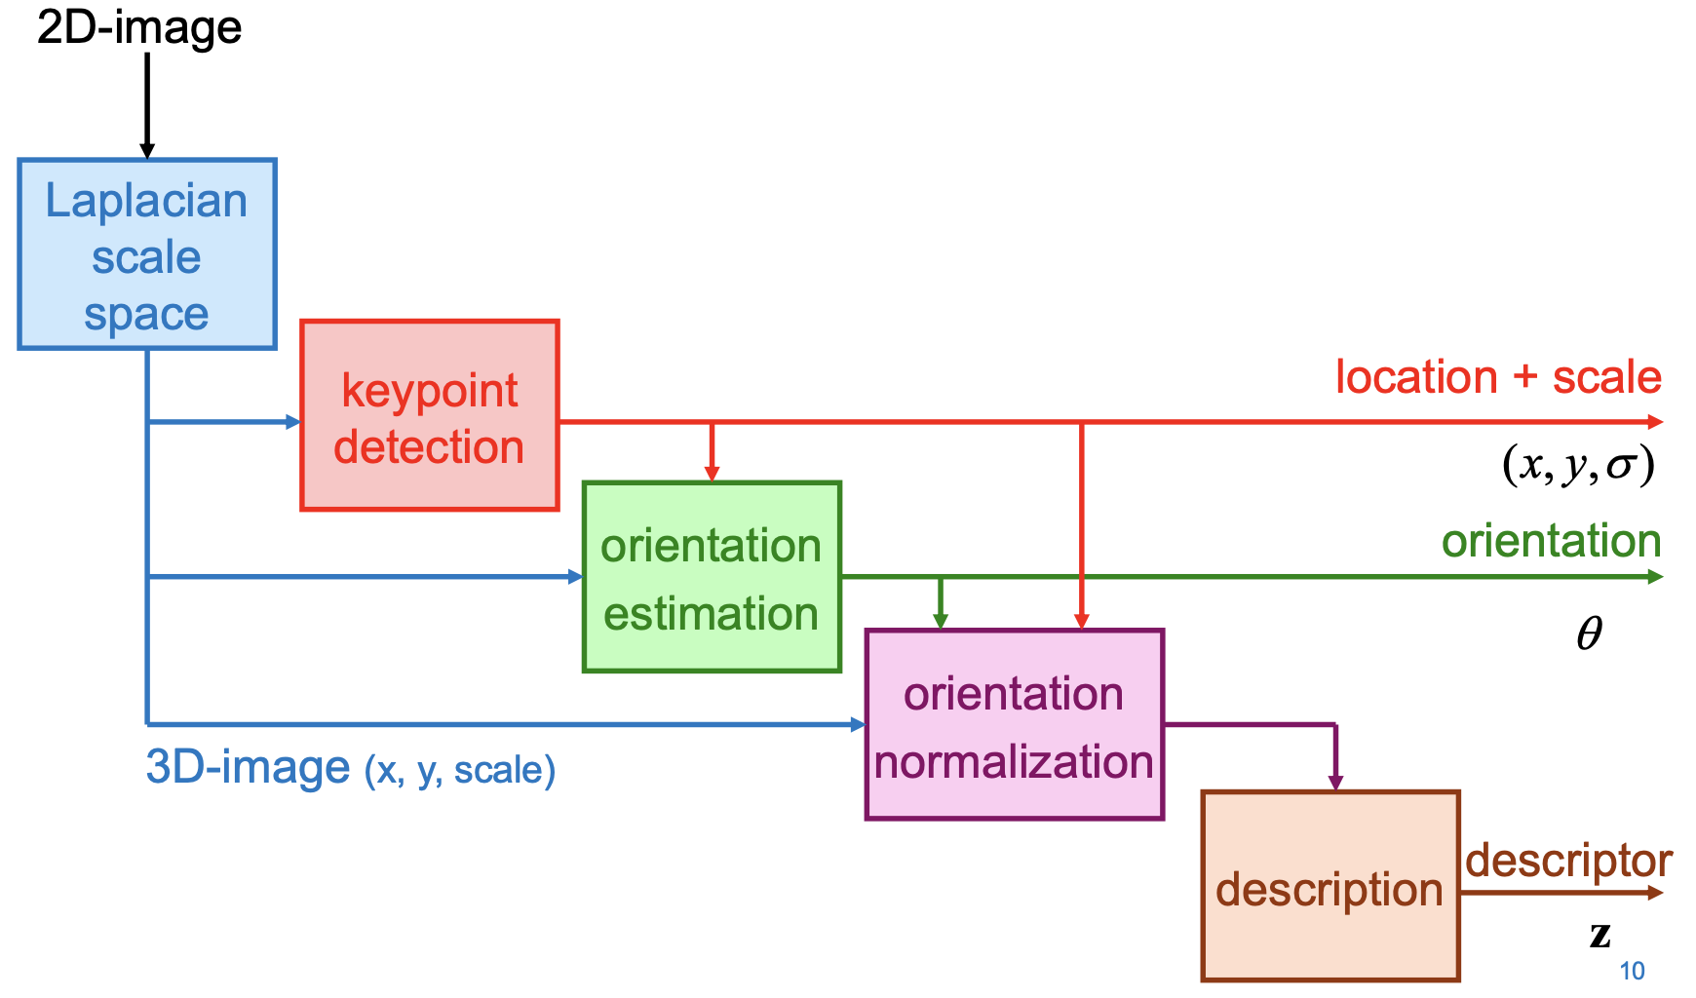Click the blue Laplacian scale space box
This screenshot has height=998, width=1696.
[x=147, y=254]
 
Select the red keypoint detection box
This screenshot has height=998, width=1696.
[x=429, y=415]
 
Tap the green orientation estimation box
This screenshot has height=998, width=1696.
[x=712, y=577]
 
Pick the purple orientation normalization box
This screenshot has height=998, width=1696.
[x=1014, y=725]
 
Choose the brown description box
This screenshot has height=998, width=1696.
[x=1330, y=887]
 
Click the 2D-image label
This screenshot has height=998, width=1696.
[x=139, y=27]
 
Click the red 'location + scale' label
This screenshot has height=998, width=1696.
[x=1497, y=377]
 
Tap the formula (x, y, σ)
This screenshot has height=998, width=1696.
[x=1577, y=465]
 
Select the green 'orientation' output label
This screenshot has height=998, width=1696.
[x=1551, y=541]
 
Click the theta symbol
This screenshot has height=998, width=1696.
[x=1589, y=634]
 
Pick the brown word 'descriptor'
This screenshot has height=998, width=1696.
[x=1568, y=861]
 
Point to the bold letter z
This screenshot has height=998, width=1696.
[x=1600, y=935]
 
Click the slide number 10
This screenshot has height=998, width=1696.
[x=1632, y=971]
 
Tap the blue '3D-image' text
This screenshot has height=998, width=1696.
[x=248, y=767]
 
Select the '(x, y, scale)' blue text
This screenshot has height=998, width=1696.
[x=460, y=770]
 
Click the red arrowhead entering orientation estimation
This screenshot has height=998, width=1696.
[x=712, y=474]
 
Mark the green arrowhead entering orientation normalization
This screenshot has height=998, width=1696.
[x=940, y=621]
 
